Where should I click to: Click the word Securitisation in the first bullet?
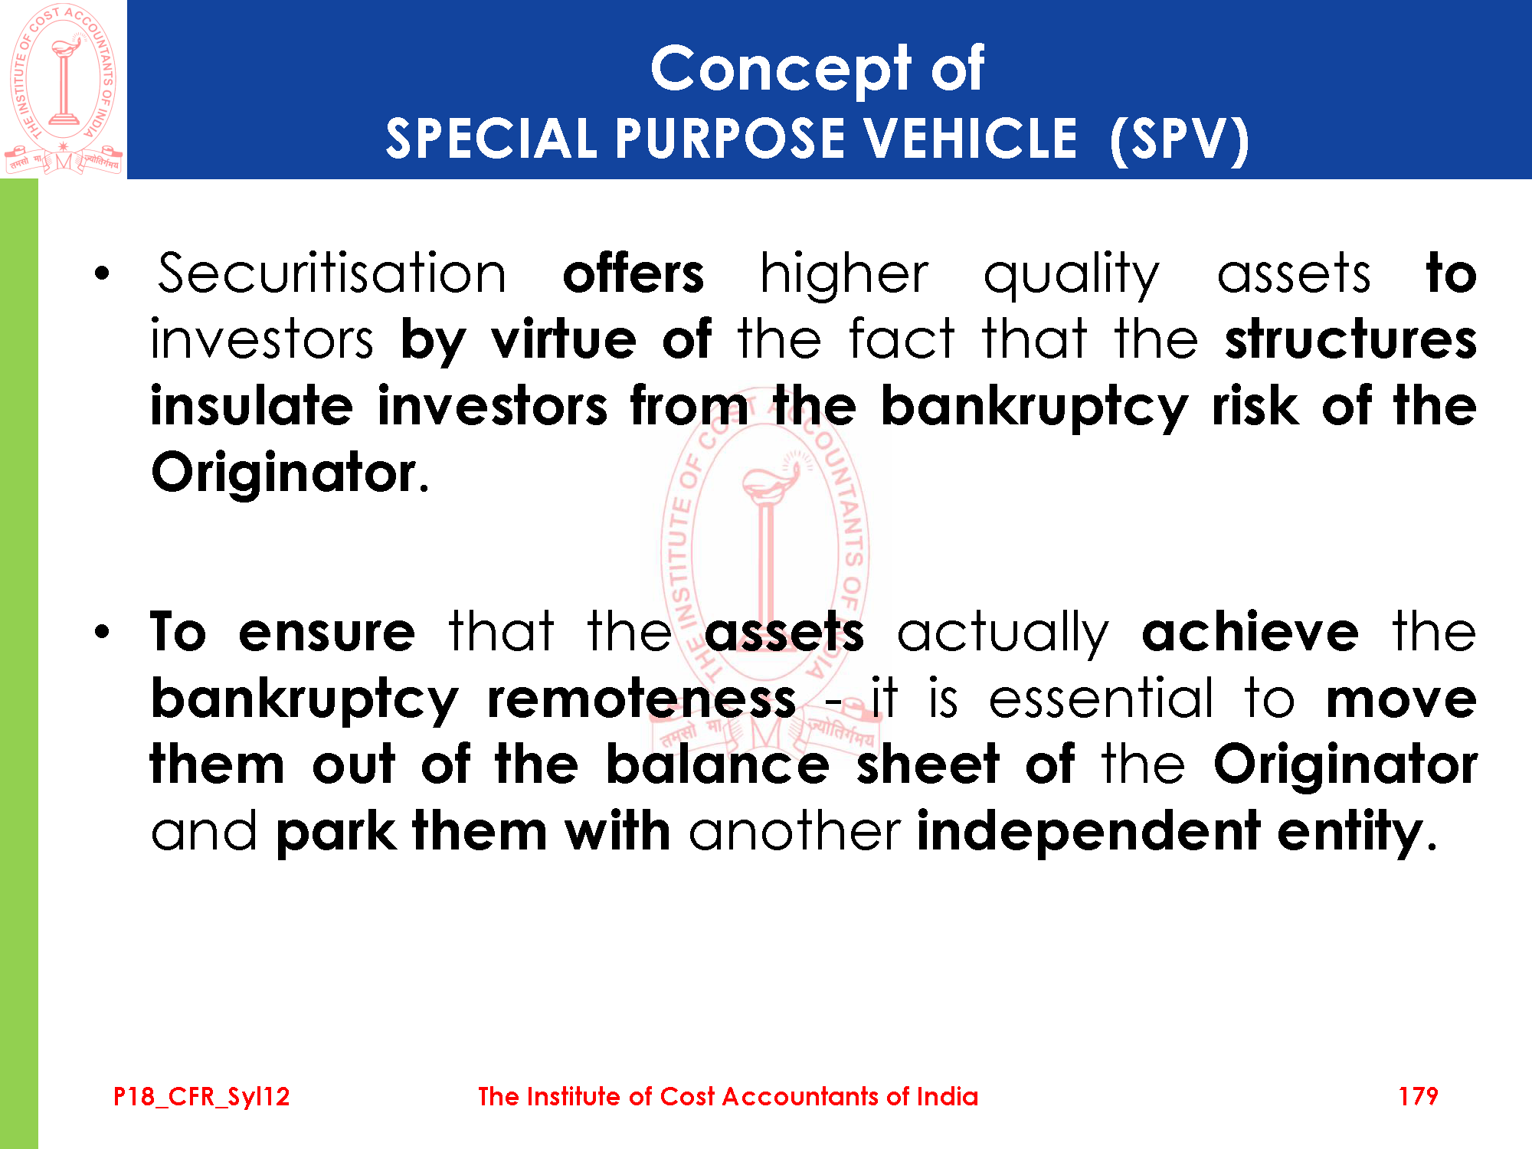(332, 273)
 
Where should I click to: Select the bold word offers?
(633, 273)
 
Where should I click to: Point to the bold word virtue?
(564, 339)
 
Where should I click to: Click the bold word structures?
(1350, 340)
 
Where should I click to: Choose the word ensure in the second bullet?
(327, 633)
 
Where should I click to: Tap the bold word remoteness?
(642, 699)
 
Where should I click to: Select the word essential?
(1101, 698)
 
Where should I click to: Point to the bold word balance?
(718, 764)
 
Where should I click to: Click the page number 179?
(1418, 1096)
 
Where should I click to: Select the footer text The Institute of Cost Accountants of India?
(728, 1096)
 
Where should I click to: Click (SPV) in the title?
(1180, 139)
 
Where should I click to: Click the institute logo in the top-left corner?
(64, 89)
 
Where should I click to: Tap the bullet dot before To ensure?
(103, 633)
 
